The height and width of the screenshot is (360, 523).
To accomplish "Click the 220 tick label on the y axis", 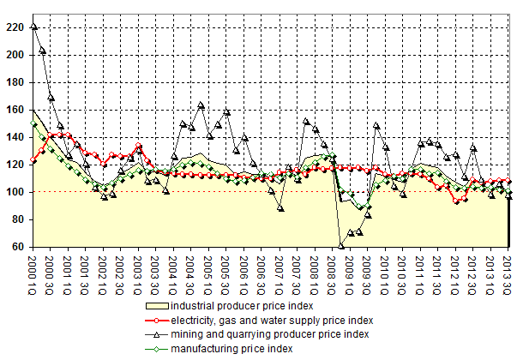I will (15, 27).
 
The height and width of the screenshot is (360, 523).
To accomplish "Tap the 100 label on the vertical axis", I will (15, 192).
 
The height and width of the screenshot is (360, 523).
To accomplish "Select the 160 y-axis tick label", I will (15, 110).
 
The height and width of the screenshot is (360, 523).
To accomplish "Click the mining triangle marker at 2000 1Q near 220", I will (33, 27).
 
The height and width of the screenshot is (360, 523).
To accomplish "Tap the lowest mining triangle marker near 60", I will (341, 246).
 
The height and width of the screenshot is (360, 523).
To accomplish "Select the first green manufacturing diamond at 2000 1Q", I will (33, 123).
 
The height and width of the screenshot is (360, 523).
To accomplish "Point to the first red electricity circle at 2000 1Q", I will (33, 160).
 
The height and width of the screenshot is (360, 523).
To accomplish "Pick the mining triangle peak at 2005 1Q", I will (201, 105).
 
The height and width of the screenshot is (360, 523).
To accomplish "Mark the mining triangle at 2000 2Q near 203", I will (42, 51).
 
